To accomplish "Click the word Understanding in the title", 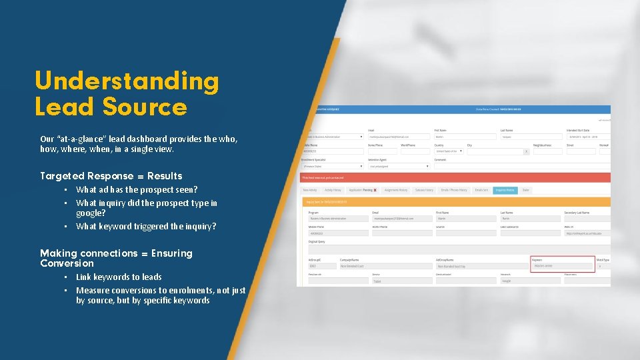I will click(x=127, y=81).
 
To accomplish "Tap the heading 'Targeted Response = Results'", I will click(x=111, y=176).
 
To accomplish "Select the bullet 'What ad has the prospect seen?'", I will click(x=137, y=190).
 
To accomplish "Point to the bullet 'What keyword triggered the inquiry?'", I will click(x=146, y=227).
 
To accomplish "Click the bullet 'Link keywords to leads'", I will click(x=119, y=277).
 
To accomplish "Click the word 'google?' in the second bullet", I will click(x=91, y=213).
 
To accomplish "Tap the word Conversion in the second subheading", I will click(x=67, y=263).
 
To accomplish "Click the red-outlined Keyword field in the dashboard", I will click(x=563, y=266).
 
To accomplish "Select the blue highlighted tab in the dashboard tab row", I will click(x=505, y=190).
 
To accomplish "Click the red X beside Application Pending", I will click(x=375, y=190).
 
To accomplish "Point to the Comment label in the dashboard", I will click(x=441, y=160).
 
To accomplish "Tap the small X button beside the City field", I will click(x=526, y=151).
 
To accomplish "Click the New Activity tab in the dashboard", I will click(x=309, y=190).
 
